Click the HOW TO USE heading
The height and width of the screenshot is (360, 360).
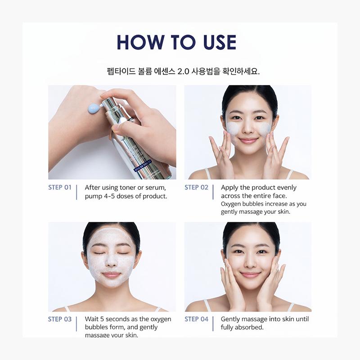coord(176,42)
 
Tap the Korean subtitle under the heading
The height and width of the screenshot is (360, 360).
coord(180,71)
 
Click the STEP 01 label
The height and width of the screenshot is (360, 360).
coord(60,187)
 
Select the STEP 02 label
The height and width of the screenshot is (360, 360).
coord(196,187)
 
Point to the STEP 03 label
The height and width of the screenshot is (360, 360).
coord(60,319)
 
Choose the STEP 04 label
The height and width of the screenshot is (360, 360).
coord(196,319)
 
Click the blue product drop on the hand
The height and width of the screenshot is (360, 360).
coord(93,108)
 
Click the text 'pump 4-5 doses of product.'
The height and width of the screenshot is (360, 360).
coord(126,196)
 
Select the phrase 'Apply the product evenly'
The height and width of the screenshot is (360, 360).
coord(259,188)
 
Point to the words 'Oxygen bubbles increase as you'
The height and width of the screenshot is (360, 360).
coord(263,204)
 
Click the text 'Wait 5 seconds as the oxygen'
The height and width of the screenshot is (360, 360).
coord(128,319)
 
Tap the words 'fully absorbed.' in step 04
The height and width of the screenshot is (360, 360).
coord(242,328)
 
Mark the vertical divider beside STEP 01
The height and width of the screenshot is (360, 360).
coord(77,192)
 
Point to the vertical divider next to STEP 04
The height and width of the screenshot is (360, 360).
coord(213,324)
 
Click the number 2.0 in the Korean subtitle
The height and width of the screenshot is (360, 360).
coord(183,71)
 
